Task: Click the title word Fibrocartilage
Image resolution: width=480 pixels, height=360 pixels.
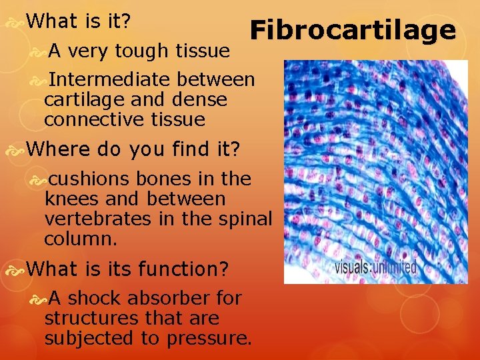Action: pos(353,31)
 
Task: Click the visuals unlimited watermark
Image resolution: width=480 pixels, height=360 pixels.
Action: pos(376,268)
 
